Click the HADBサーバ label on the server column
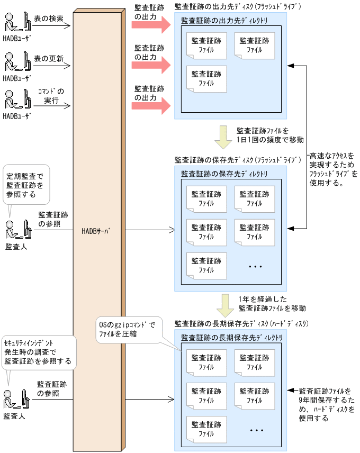click(x=99, y=231)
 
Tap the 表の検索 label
click(x=48, y=18)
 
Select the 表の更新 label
click(x=48, y=57)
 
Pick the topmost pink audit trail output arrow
click(x=151, y=24)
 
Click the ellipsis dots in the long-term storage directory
click(x=256, y=430)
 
